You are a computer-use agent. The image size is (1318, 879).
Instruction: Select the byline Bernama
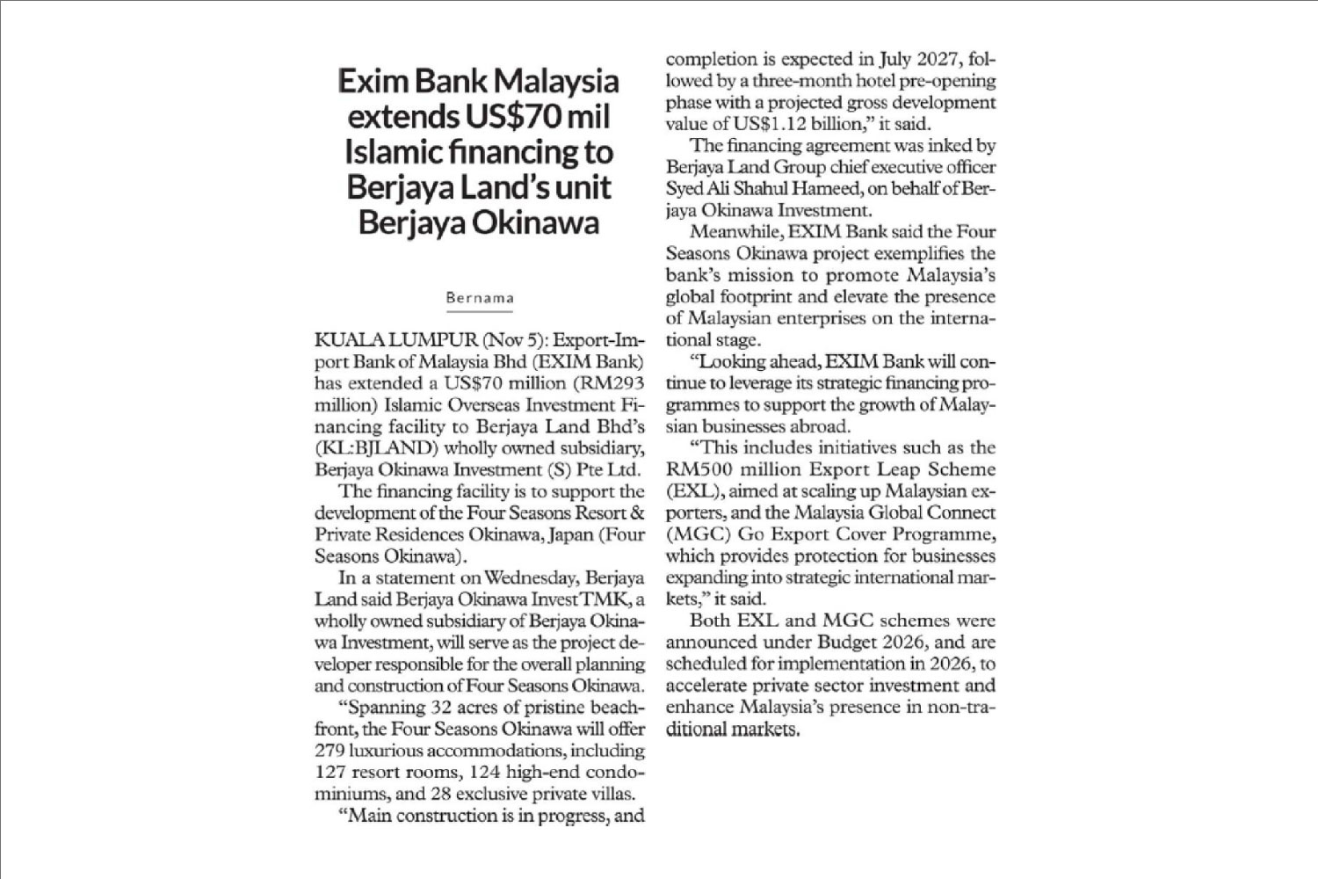click(480, 298)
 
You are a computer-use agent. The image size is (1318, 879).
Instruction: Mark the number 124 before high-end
click(487, 773)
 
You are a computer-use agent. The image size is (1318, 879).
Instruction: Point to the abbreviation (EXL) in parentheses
click(692, 491)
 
